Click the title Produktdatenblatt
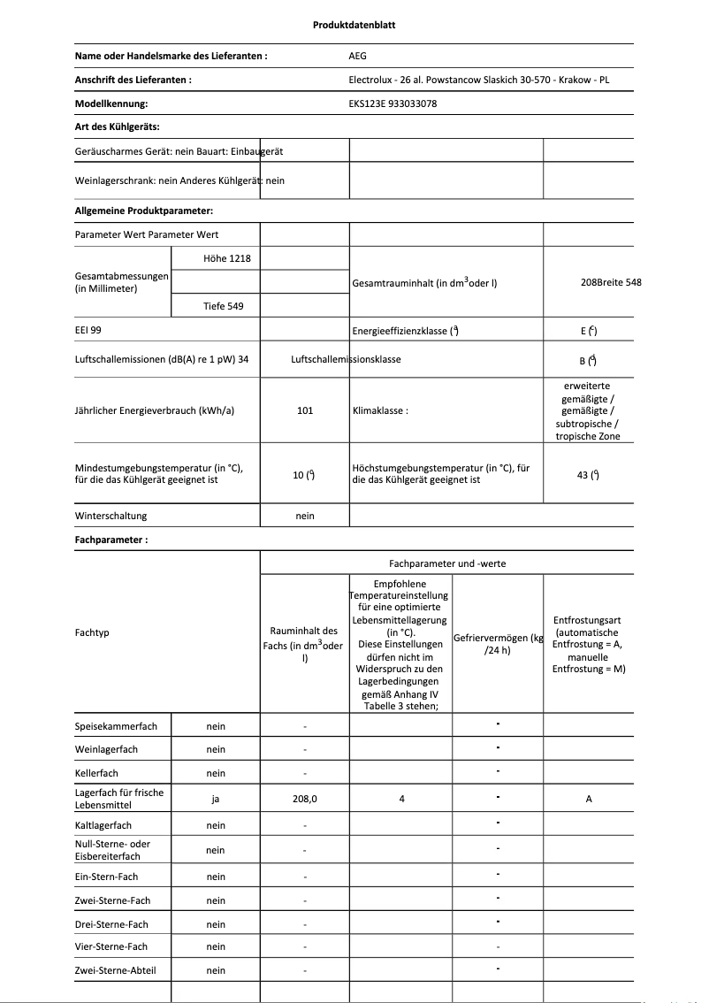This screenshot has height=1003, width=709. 354,25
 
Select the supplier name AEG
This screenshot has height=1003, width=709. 357,56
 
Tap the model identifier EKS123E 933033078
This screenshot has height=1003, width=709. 393,103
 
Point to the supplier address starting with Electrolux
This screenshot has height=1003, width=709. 479,80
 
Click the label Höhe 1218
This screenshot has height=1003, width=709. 216,257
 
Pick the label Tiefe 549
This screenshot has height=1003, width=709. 216,306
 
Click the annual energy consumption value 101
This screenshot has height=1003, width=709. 305,411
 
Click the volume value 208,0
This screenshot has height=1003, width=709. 304,799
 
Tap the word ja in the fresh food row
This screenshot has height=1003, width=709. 216,799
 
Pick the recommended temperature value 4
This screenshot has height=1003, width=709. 401,799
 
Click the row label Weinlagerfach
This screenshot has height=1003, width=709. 106,749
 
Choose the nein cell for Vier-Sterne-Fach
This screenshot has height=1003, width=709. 216,946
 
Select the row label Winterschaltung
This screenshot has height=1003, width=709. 111,516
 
